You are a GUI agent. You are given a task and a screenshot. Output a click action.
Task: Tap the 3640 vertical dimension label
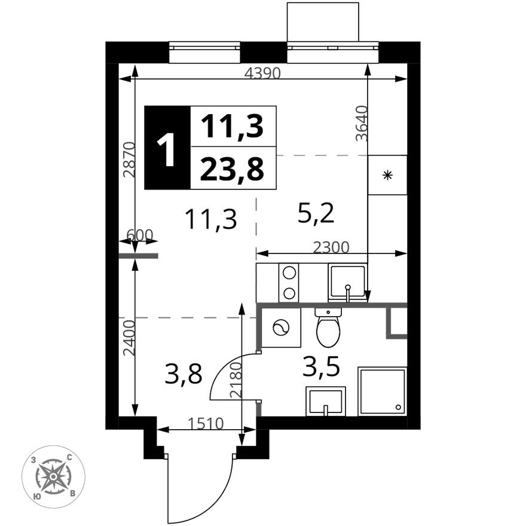(360, 123)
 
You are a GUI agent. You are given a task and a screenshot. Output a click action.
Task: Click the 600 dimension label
(140, 235)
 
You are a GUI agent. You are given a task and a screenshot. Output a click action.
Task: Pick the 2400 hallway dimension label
(130, 338)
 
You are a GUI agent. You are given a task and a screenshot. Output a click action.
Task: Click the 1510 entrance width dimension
(206, 424)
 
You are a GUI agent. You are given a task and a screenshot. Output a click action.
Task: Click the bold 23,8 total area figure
(232, 170)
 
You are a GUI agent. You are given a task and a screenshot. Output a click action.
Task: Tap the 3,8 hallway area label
(184, 375)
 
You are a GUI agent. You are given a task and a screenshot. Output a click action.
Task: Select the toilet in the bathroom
(328, 328)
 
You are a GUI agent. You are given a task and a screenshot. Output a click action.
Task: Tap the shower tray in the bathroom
(382, 391)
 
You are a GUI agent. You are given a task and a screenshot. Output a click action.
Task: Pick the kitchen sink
(347, 282)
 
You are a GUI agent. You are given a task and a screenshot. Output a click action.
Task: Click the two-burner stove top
(289, 282)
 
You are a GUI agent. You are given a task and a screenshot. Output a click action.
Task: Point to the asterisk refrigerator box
(387, 175)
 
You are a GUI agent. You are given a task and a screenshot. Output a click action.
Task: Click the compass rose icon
(53, 476)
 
